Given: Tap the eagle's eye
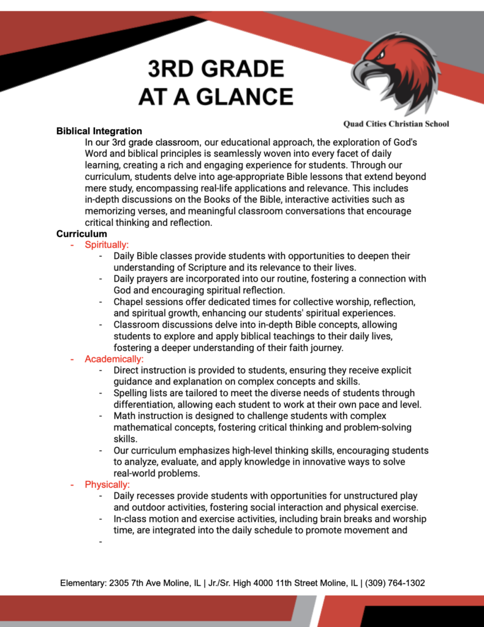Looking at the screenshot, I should click(381, 55).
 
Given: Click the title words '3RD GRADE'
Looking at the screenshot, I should click(216, 68).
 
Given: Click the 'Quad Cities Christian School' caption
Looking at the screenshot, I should click(396, 124).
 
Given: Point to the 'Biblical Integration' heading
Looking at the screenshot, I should click(99, 131).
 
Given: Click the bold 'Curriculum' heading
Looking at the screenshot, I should click(81, 234).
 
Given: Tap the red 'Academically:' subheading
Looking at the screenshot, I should click(114, 359).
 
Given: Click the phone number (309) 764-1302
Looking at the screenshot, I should click(395, 583).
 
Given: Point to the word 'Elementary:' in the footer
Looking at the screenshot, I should click(83, 583).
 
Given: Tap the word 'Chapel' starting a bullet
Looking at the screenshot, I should click(128, 302).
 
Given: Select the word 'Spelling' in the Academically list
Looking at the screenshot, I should click(131, 393).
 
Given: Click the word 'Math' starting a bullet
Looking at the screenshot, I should click(124, 416).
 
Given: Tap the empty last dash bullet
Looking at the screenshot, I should click(100, 541).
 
